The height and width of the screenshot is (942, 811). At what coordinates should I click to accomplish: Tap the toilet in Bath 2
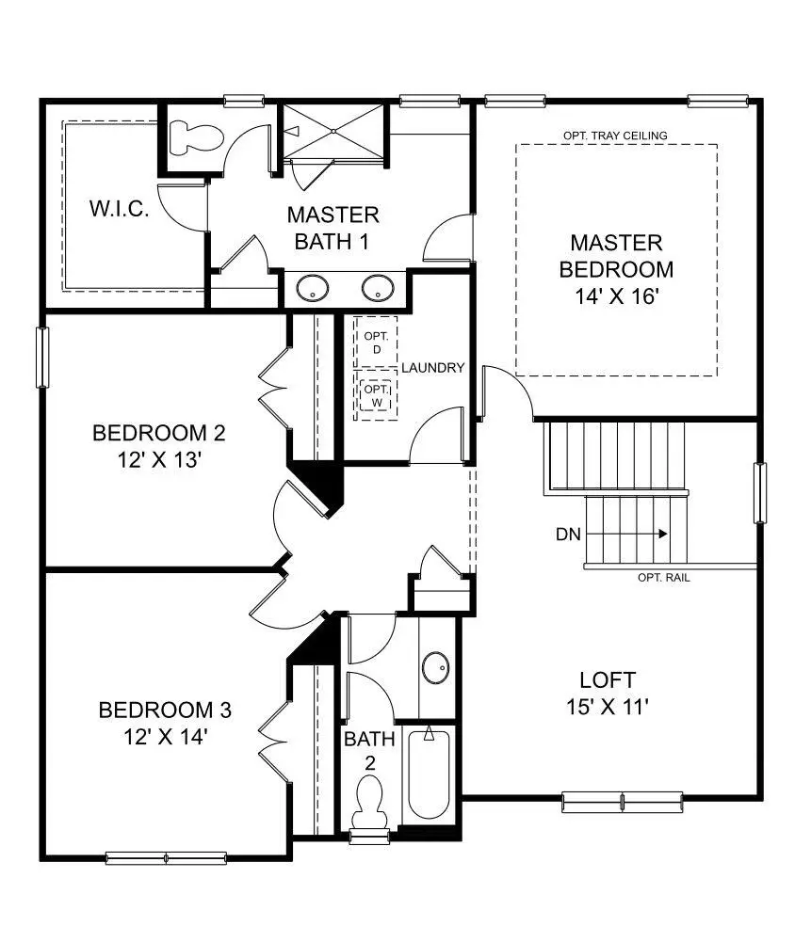coord(369,802)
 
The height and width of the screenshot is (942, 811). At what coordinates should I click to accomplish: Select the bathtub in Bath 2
coord(429,774)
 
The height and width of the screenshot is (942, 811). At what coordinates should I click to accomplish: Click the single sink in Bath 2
coord(436,667)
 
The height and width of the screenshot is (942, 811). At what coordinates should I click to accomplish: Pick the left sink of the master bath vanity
coord(313,288)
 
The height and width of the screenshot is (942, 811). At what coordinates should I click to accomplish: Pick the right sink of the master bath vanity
coord(378,288)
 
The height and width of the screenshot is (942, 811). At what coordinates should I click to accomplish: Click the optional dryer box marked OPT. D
coord(376,343)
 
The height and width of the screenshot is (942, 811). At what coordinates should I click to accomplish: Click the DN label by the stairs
coord(568,535)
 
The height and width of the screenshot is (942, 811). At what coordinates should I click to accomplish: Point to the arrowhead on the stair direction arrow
coord(663,534)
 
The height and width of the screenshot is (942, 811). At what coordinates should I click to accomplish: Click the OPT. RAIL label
coord(664,578)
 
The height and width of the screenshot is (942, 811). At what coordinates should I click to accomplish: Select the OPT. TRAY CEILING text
coord(615,136)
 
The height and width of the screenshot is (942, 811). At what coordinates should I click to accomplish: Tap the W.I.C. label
coord(119,209)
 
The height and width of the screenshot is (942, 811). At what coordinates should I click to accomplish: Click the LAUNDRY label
coord(433,368)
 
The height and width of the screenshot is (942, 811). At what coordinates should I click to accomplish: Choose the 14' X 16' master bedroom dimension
coord(616,296)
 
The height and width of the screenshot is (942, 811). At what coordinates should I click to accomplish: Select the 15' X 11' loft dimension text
coord(608,707)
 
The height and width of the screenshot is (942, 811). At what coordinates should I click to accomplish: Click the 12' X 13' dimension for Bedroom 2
coord(158,459)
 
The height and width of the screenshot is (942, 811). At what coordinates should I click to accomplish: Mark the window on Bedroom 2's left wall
coord(42,358)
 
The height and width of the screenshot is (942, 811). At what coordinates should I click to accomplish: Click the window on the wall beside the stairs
coord(760,492)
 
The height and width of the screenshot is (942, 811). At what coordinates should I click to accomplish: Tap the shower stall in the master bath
coord(333,132)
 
